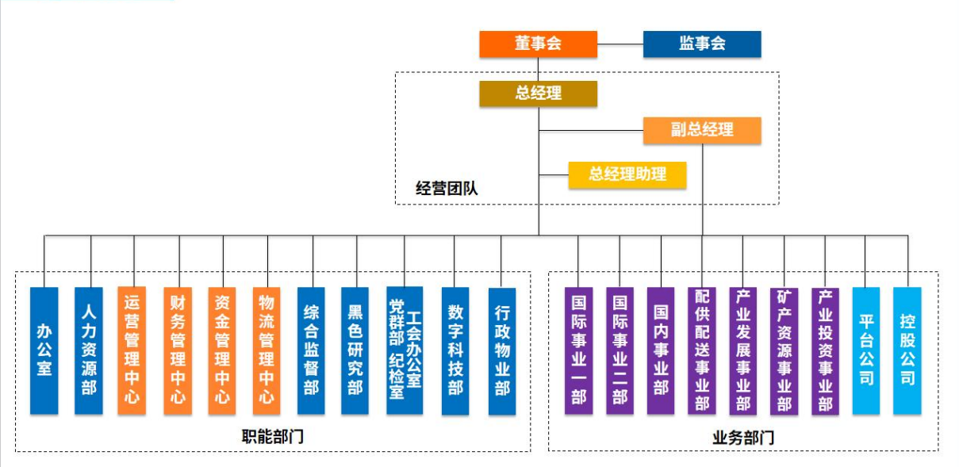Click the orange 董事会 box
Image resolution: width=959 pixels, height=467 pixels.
coord(538,44)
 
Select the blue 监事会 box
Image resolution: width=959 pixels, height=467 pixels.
coord(701,44)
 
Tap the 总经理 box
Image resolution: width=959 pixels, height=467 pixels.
coord(538,94)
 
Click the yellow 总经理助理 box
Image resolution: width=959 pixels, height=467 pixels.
coord(627,175)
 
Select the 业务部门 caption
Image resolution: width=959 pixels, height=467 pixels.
coord(743,437)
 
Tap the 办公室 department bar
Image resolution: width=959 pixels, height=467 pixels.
coord(44,350)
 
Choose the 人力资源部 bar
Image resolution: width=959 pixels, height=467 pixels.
coord(89,350)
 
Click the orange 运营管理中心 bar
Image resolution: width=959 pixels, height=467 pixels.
coord(132,350)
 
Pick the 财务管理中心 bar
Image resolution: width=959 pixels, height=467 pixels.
coord(178,350)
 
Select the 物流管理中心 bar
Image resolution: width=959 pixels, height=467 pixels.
coord(267,350)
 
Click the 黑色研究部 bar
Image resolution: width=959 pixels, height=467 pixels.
coord(355,350)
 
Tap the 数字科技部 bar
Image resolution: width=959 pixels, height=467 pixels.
coord(455,350)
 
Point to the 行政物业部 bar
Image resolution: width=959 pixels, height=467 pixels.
coord(502,350)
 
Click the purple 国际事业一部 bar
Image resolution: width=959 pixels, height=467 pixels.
coord(579,350)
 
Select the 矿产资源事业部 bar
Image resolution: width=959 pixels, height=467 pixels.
coord(784,350)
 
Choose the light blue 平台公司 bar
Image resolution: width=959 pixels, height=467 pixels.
coord(866,350)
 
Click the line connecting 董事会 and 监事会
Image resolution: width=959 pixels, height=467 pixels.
coord(620,44)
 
